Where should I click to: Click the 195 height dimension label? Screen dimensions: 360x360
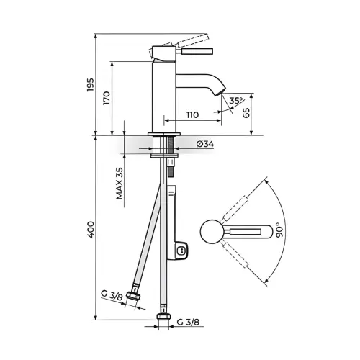(x=91, y=84)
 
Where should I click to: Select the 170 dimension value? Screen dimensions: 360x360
(x=107, y=98)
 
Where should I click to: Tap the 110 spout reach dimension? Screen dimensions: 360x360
(x=193, y=114)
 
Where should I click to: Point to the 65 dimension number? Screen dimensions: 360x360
(x=246, y=113)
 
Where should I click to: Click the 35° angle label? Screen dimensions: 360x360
(x=236, y=100)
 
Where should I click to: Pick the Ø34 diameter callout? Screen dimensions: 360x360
(x=205, y=144)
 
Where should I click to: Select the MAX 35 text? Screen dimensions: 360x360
(x=120, y=184)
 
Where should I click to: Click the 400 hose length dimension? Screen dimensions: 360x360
(x=91, y=230)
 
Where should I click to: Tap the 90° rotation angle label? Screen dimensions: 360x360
(x=279, y=230)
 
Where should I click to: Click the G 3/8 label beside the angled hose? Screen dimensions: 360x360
(x=112, y=295)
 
